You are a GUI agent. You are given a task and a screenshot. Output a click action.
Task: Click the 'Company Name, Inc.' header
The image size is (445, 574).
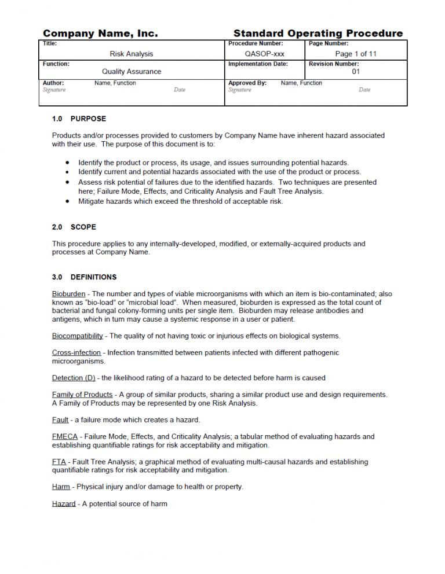point(100,34)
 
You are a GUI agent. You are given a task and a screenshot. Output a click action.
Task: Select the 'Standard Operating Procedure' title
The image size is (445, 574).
point(318,34)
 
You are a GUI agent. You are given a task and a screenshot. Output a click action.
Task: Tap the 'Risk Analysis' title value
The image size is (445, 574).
point(132,54)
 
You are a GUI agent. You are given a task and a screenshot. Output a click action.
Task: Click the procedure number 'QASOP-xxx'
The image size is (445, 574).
point(265,54)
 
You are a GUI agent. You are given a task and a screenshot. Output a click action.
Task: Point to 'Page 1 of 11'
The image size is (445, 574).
point(356,54)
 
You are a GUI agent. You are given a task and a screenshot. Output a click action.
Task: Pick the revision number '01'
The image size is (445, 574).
point(356,72)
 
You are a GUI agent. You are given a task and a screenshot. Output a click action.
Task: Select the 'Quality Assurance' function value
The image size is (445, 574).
point(132,72)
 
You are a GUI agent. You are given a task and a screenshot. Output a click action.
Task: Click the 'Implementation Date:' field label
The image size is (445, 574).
point(258,64)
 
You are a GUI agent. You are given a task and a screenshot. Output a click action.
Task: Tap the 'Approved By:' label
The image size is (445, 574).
point(247,83)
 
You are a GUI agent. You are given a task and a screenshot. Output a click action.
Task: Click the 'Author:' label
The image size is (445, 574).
point(53,83)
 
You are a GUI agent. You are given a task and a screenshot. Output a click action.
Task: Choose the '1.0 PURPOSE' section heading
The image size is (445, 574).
point(79,119)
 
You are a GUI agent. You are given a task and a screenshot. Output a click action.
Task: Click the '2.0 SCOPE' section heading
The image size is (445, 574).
point(74,227)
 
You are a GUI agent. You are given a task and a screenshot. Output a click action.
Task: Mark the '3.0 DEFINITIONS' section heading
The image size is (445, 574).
point(84,277)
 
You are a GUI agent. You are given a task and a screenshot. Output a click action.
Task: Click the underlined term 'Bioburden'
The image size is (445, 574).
point(68,294)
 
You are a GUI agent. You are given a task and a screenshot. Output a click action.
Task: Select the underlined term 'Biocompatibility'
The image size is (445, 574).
point(78,336)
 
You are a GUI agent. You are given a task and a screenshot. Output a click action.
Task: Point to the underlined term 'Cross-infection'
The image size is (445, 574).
point(76,353)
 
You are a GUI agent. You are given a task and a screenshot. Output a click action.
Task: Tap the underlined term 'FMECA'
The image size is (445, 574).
point(65,437)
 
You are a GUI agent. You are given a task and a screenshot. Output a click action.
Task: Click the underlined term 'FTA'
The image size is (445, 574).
point(59,462)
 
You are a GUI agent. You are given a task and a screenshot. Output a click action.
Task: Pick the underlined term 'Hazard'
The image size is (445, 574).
point(64,505)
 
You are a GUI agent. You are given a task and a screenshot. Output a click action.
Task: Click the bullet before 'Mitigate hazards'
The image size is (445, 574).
point(68,202)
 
